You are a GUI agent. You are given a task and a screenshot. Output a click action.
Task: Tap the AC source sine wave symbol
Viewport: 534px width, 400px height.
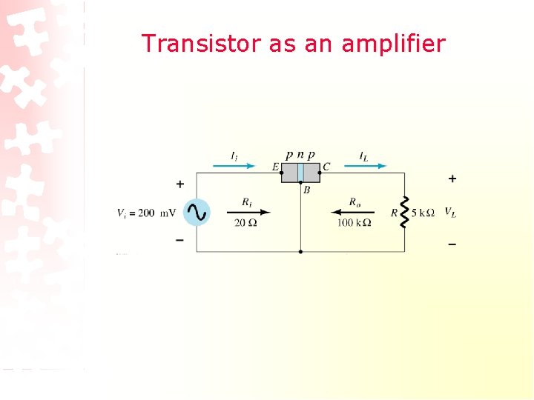point(196,213)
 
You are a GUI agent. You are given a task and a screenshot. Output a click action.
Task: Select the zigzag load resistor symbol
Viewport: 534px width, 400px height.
point(405,213)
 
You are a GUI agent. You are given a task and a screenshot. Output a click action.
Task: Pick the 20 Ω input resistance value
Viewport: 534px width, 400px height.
point(245,224)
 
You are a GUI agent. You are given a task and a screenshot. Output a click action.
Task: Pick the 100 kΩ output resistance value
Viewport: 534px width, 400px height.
point(354,224)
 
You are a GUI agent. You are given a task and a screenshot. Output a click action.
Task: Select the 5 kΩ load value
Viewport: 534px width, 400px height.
point(423,213)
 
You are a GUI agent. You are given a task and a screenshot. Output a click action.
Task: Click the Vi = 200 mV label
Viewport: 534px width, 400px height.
point(146,213)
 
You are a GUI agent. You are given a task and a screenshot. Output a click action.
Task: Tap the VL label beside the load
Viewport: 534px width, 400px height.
point(450,213)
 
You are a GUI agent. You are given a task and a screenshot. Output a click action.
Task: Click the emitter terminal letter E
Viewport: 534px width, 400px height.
point(275,167)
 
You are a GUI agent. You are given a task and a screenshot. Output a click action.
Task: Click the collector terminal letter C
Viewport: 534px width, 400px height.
point(326,167)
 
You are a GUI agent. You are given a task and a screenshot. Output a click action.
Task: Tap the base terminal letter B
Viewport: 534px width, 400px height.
point(306,190)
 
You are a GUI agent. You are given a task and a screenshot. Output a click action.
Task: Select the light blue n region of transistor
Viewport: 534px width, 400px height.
point(300,173)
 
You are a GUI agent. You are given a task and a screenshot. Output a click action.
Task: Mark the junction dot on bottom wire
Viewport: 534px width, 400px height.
point(300,252)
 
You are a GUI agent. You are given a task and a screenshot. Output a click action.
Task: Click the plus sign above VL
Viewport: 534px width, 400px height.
point(452,179)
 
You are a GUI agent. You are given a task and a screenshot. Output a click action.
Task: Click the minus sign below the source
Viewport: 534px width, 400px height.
point(180,241)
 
